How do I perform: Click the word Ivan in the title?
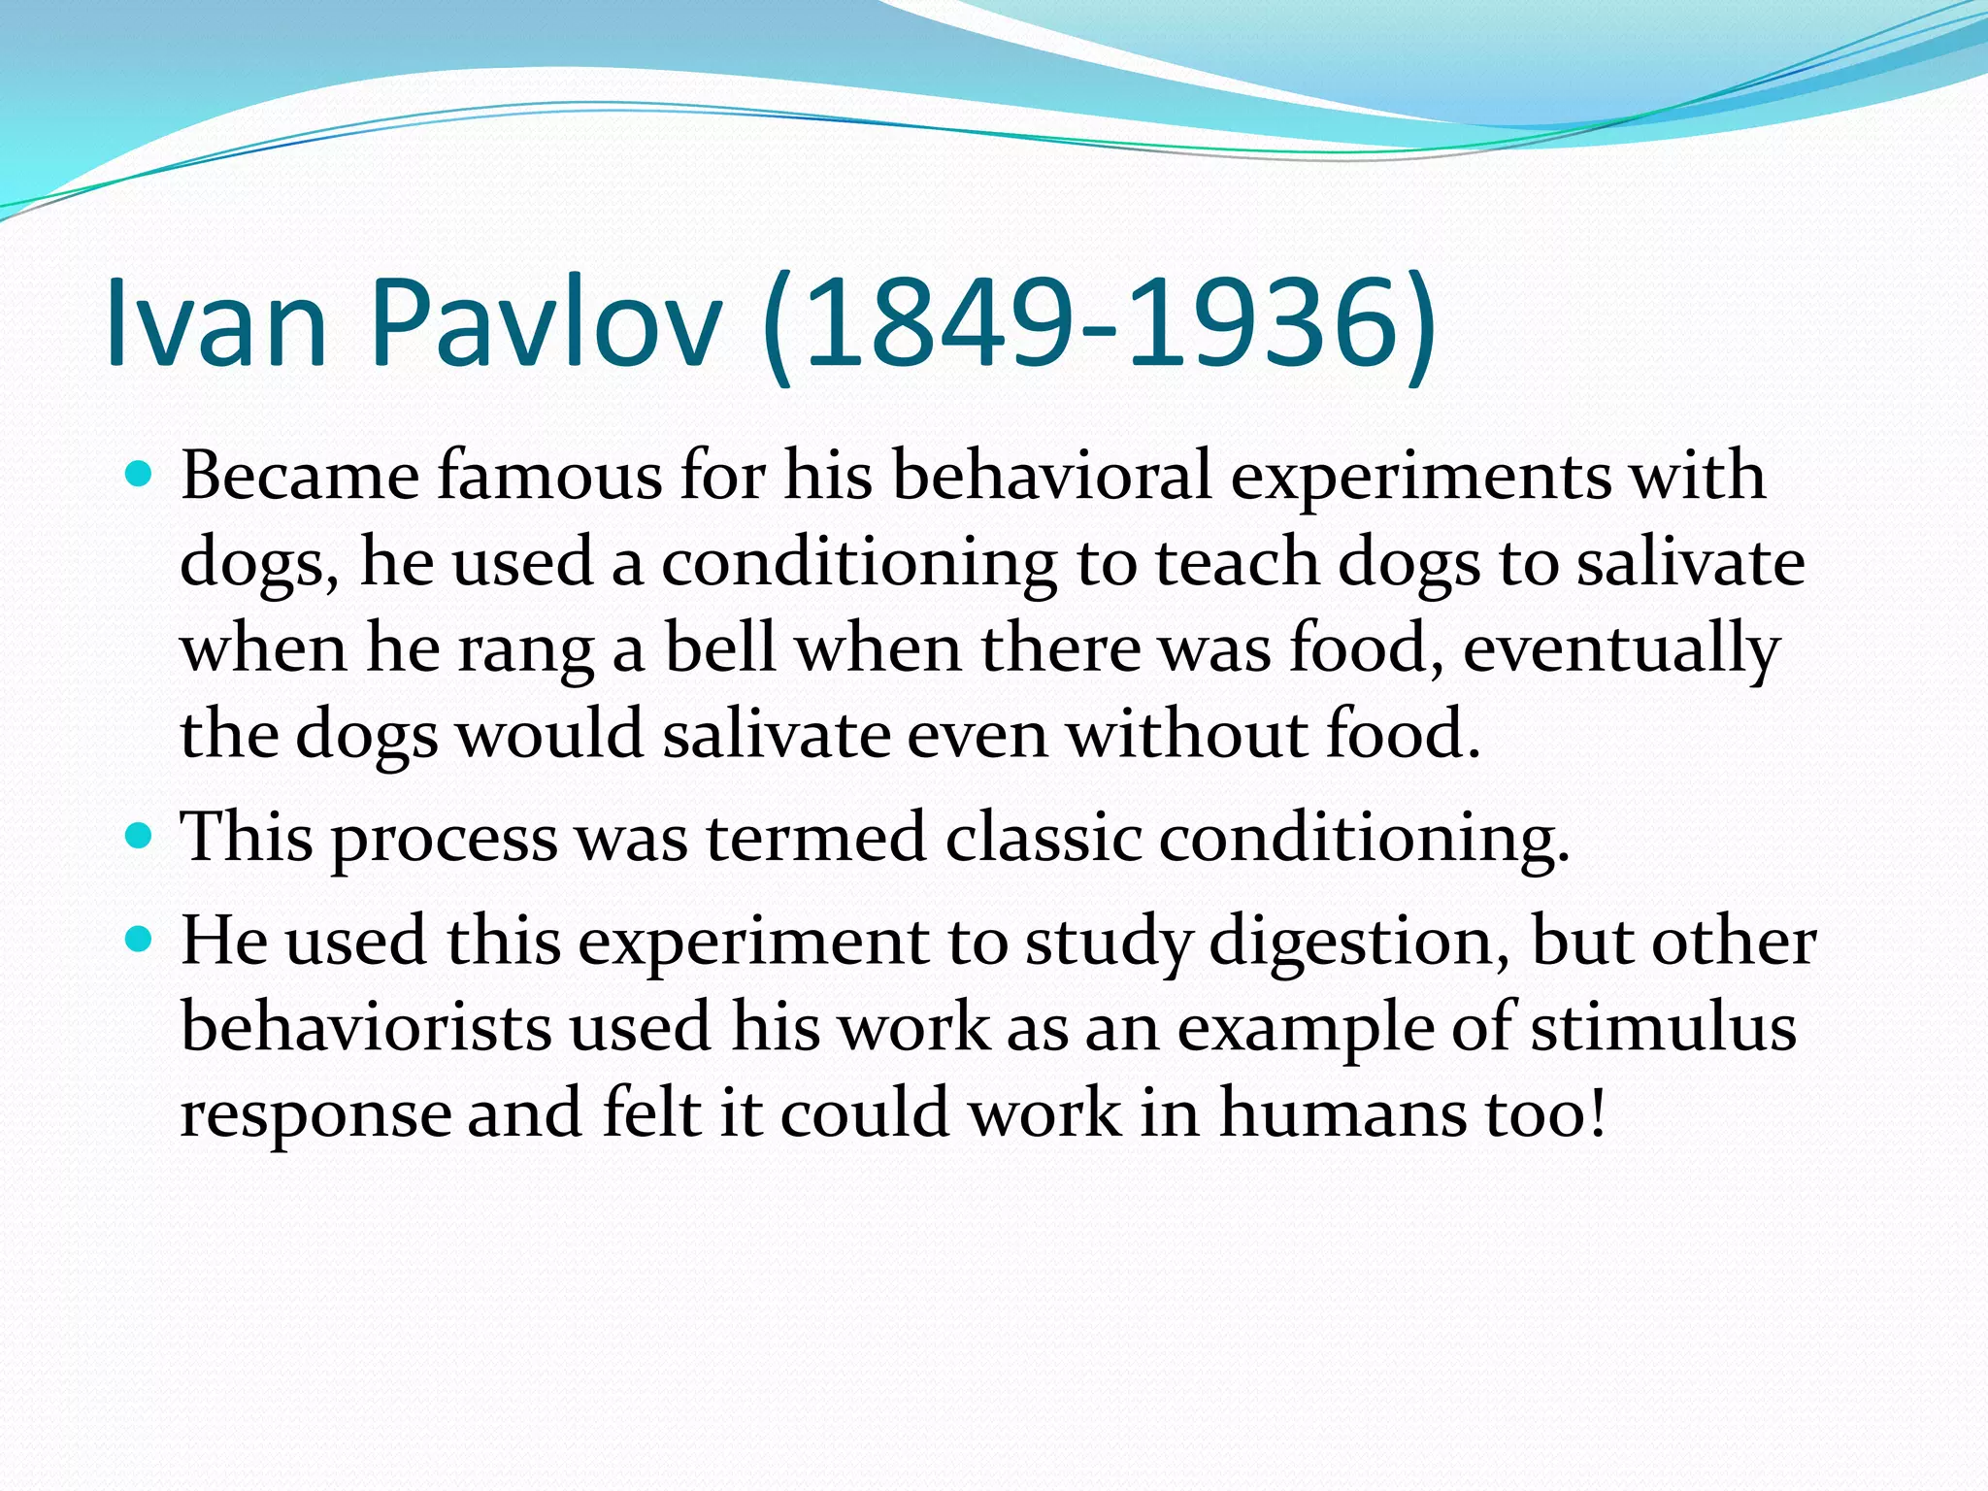(215, 322)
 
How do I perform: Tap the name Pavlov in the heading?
(546, 322)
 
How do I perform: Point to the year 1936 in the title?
(1262, 322)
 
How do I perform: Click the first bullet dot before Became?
(140, 475)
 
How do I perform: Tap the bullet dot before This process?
(140, 835)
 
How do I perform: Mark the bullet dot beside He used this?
(140, 939)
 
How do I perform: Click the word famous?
(549, 477)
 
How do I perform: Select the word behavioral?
(1051, 477)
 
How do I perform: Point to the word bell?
(719, 648)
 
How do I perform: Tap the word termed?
(815, 837)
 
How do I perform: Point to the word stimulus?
(1663, 1027)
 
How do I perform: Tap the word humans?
(1343, 1112)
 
